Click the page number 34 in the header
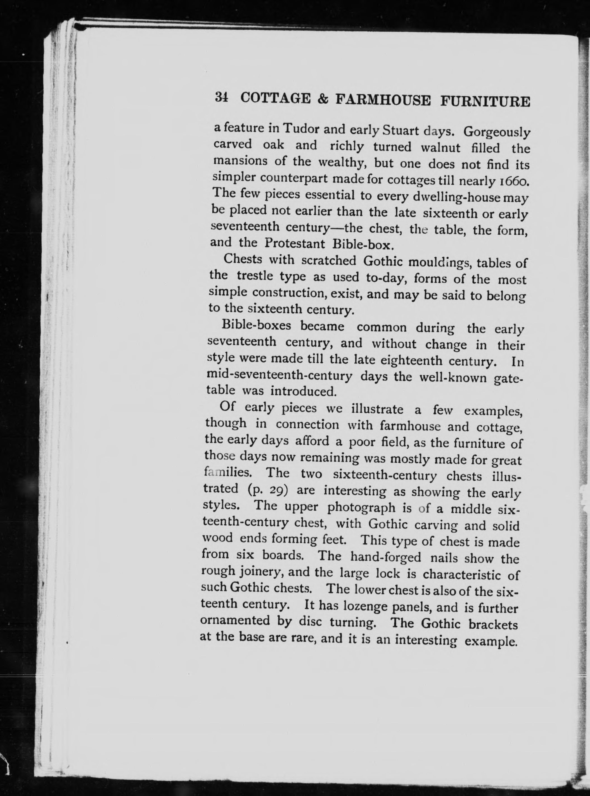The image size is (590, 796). [221, 97]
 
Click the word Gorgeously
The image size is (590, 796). [496, 133]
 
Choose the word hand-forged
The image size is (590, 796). [386, 556]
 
